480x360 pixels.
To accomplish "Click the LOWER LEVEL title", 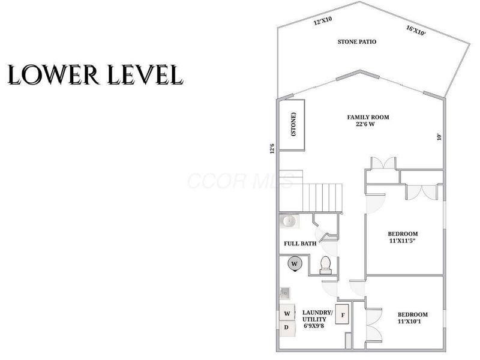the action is (95, 74).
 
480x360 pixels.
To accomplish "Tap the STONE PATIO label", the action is (357, 41).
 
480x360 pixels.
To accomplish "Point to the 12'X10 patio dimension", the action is (323, 20).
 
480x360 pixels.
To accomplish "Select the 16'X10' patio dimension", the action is (416, 31).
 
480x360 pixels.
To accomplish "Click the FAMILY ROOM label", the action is (368, 117).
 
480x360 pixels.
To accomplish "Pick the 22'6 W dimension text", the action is (365, 124).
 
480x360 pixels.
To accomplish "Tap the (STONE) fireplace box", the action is (292, 125).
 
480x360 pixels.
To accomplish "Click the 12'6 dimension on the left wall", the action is (272, 148).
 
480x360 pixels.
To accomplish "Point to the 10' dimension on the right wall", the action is (440, 137).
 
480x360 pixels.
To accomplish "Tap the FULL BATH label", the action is (300, 244).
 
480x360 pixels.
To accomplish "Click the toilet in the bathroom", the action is (325, 265).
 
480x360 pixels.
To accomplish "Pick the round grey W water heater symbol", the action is (295, 264).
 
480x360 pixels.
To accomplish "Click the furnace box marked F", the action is (342, 314).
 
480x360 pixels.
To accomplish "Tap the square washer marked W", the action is (287, 313).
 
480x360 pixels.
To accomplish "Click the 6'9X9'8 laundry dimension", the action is (314, 326).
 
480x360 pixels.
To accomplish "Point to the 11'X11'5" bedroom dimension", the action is (402, 241).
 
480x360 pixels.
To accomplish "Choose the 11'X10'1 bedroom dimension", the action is (409, 322).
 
